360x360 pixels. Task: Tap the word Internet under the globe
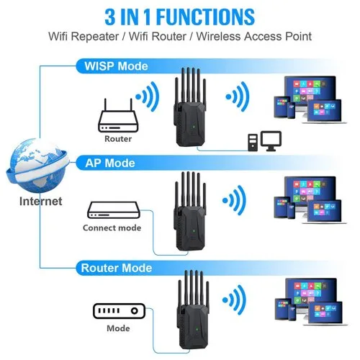[40, 201]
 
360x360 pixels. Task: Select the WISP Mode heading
[116, 66]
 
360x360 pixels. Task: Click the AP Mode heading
[110, 163]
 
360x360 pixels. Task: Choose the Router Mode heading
[117, 268]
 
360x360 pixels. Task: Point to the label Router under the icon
[118, 139]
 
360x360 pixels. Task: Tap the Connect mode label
[112, 228]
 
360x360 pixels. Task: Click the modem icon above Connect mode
[113, 210]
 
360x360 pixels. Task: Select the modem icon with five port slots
[119, 311]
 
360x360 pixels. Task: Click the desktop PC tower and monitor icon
[264, 141]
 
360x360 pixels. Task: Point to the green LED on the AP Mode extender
[194, 232]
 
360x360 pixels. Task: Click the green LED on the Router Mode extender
[197, 329]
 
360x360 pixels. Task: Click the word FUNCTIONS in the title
[205, 17]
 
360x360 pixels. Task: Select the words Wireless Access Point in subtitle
[254, 37]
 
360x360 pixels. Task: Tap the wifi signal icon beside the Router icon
[148, 96]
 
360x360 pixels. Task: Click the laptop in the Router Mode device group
[325, 314]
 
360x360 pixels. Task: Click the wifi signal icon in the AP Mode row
[234, 200]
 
